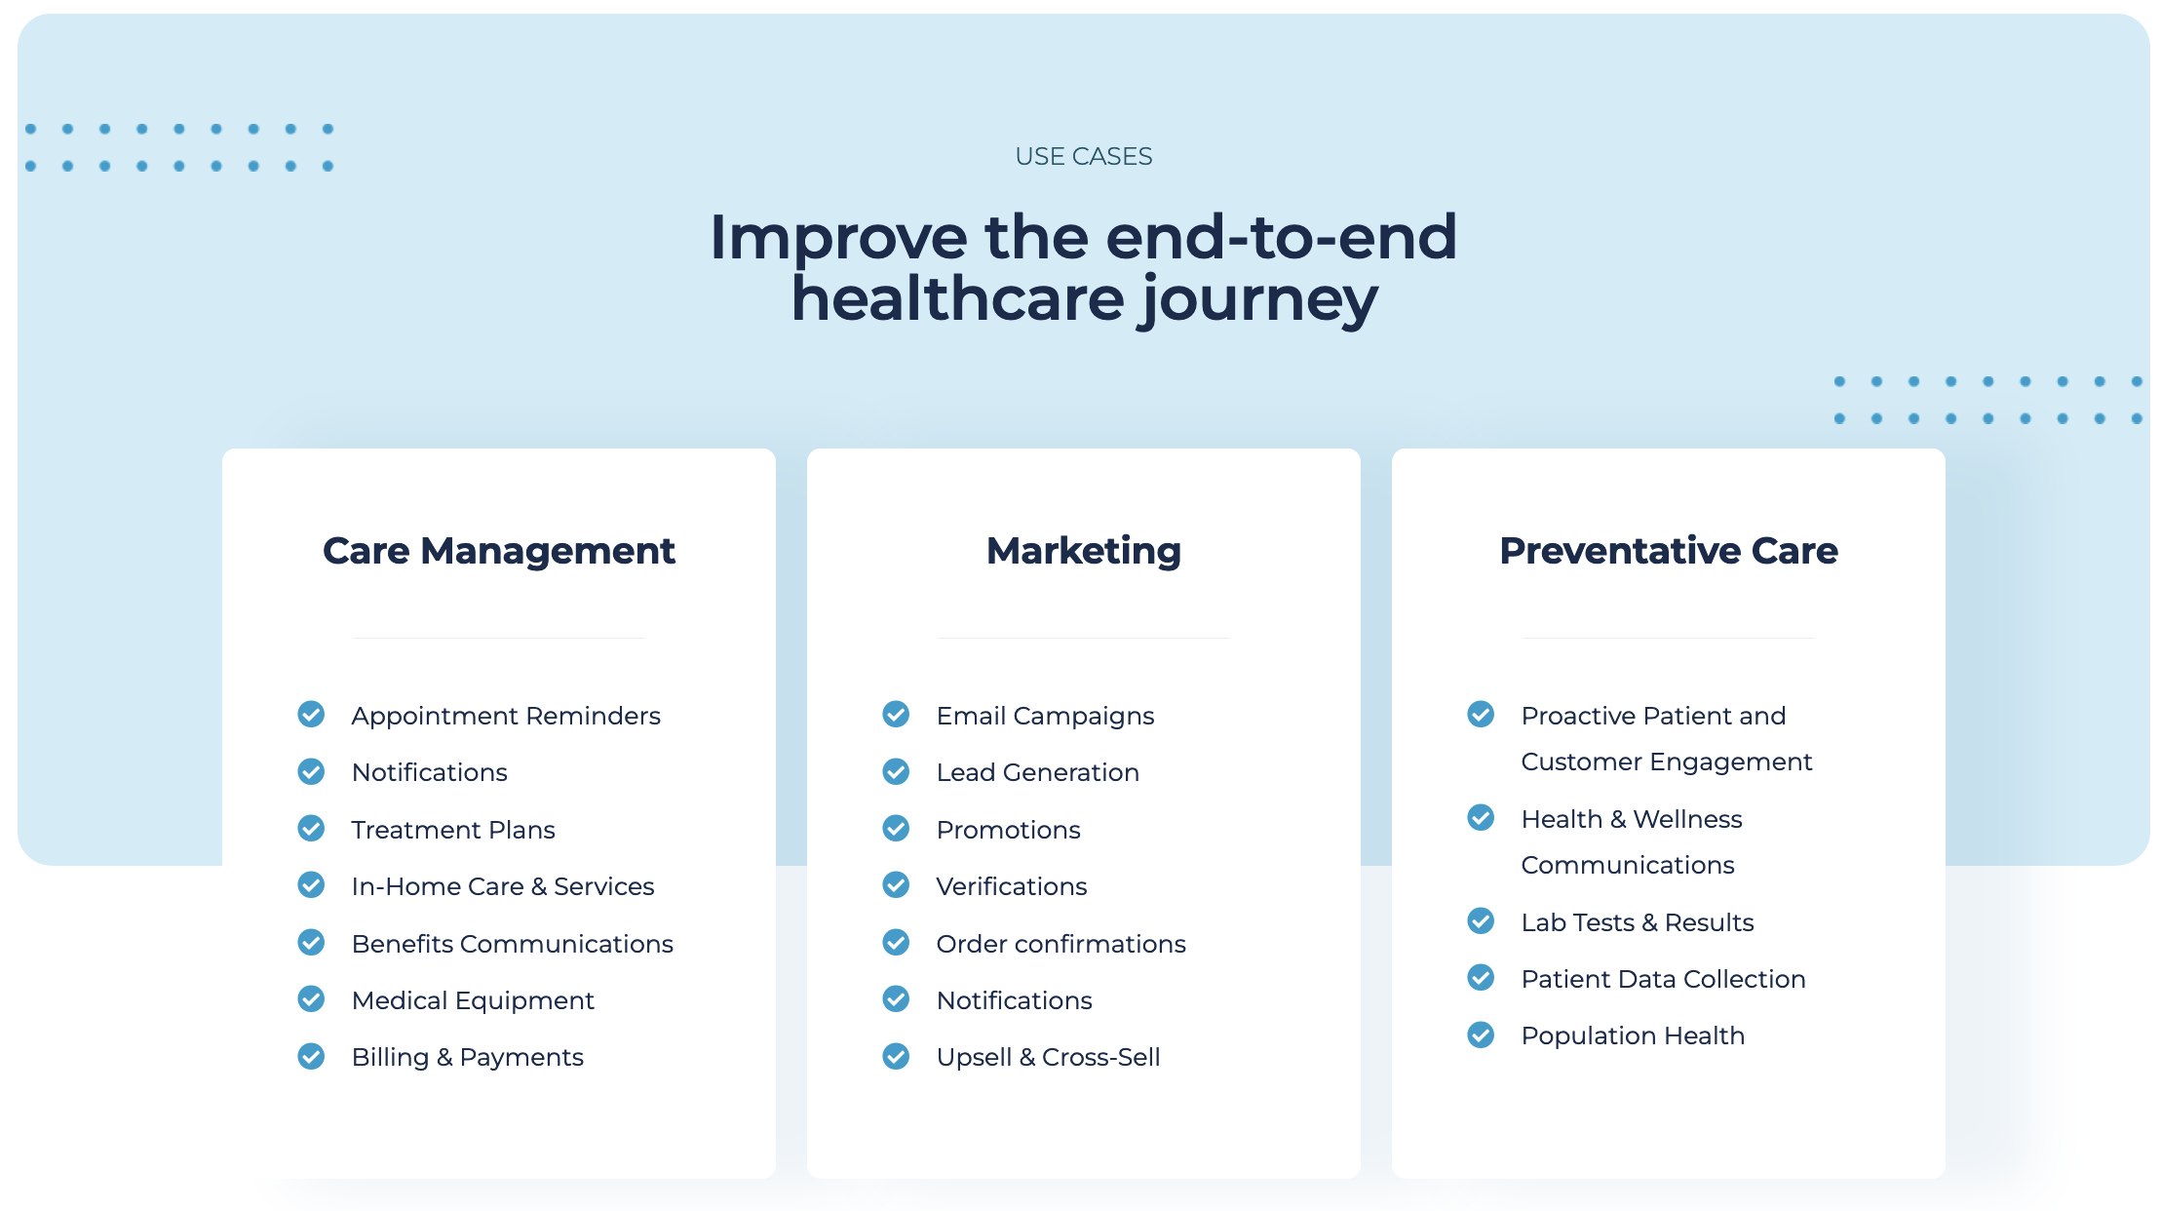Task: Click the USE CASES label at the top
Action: (x=1083, y=156)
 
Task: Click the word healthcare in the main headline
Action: (x=958, y=298)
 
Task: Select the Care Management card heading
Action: (x=499, y=551)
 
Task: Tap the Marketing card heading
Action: (x=1084, y=551)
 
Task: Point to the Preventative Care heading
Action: (x=1669, y=551)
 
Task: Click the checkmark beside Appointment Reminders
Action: (x=311, y=715)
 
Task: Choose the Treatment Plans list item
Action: (x=453, y=830)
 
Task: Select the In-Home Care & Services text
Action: (x=503, y=886)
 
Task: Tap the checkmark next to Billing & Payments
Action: (x=311, y=1056)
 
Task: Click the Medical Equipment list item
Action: (x=473, y=1000)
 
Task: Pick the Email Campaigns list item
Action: (x=1045, y=716)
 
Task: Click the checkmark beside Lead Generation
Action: (x=896, y=771)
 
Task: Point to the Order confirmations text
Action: (x=1061, y=944)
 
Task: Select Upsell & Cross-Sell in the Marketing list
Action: (x=1049, y=1057)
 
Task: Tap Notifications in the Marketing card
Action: (x=1015, y=1000)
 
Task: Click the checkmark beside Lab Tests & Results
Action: (x=1481, y=920)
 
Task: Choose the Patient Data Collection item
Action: (x=1664, y=979)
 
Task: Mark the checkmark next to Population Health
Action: (x=1481, y=1035)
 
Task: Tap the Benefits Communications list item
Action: (x=513, y=944)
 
